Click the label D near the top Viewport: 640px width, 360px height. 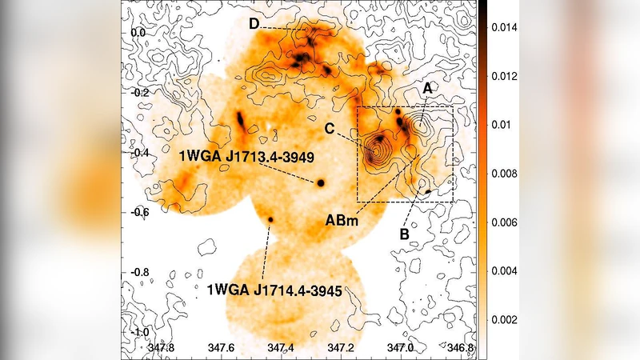(254, 25)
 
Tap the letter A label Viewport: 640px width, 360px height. (427, 89)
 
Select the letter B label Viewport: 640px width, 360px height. (404, 234)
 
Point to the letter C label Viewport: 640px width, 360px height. (330, 126)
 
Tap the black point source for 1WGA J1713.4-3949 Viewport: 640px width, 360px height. (321, 182)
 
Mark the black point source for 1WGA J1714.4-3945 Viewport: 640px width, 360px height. (270, 219)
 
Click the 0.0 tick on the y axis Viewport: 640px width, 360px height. (138, 34)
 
